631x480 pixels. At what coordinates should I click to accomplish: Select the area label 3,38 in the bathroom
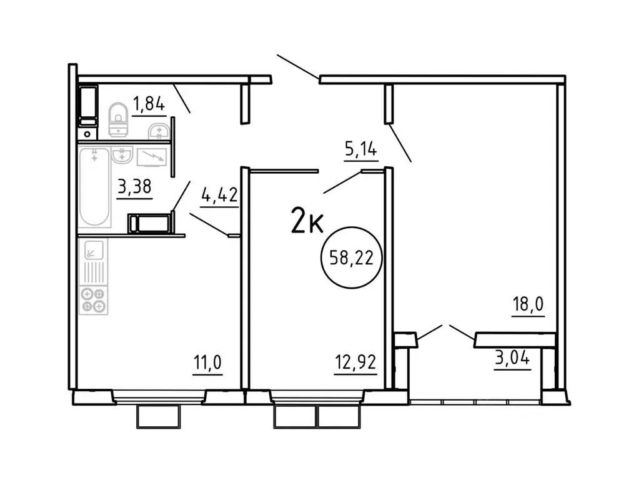134,187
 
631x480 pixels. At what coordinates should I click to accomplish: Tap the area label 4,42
219,196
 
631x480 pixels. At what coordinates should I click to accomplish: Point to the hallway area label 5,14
361,150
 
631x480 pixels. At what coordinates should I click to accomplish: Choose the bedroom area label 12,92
355,362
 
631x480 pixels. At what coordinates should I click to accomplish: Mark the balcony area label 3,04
512,359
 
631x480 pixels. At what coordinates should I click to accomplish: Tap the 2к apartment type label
306,221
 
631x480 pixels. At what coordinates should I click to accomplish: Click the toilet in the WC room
118,119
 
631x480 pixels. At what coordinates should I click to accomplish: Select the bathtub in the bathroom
94,188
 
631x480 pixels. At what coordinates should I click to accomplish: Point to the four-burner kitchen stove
94,299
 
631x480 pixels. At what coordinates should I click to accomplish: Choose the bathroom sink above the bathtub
122,155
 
